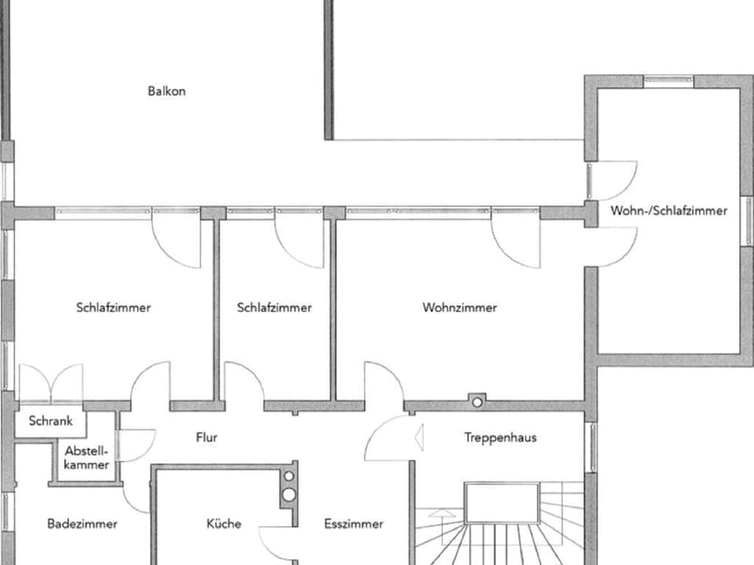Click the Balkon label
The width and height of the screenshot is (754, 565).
[x=167, y=91]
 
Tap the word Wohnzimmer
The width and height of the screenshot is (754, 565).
[x=459, y=308]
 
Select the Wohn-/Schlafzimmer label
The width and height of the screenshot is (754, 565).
[x=668, y=210]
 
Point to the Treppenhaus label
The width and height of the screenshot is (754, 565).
[x=500, y=437]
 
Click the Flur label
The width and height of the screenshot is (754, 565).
[x=207, y=437]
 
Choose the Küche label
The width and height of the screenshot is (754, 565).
[x=224, y=523]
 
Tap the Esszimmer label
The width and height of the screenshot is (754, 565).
[x=353, y=523]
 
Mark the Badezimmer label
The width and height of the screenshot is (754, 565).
[x=82, y=523]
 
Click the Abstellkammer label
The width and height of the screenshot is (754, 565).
[x=87, y=458]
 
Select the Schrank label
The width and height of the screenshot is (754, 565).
[x=50, y=421]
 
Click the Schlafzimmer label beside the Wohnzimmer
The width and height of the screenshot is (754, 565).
[x=274, y=308]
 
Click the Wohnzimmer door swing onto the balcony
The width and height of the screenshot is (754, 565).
[x=515, y=239]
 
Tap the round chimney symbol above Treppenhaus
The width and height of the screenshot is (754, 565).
[x=476, y=401]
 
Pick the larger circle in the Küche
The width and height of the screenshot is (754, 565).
[x=289, y=494]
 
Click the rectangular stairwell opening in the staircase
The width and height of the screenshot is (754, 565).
[x=502, y=503]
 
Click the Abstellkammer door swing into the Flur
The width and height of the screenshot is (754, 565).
[x=135, y=446]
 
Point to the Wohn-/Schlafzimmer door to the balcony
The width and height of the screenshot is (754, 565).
[x=613, y=180]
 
